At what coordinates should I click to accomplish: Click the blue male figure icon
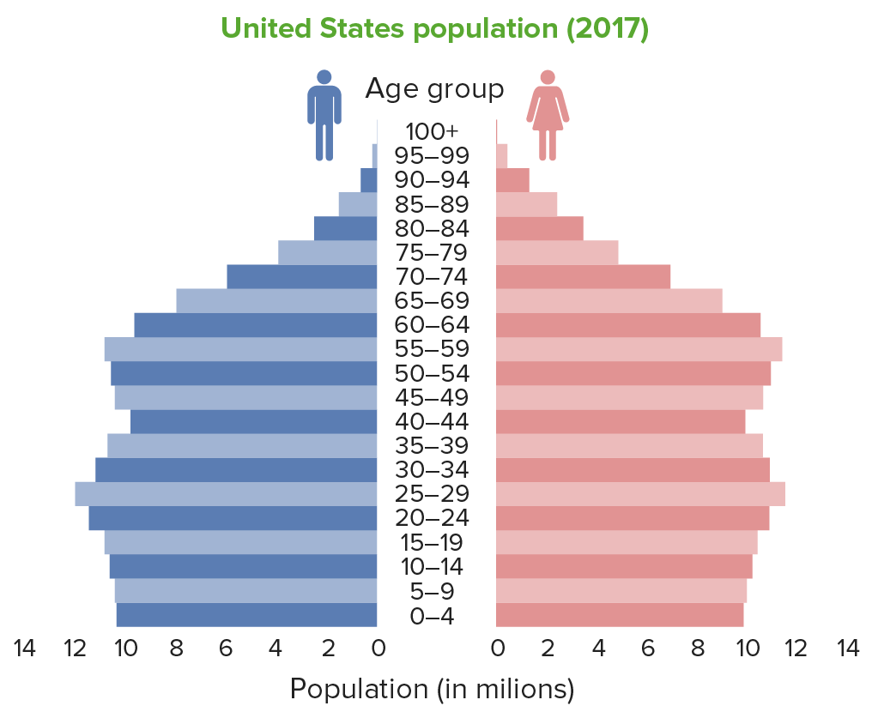coord(324,114)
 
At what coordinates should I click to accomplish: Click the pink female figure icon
coord(548,114)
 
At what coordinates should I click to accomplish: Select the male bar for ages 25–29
coord(226,494)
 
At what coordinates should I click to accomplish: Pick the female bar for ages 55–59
coord(639,349)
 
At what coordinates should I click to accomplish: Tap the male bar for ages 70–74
coord(302,277)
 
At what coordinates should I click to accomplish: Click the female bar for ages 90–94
coord(512,180)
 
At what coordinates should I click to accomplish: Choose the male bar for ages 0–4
coord(246,615)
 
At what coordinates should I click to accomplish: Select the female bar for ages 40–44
coord(621,422)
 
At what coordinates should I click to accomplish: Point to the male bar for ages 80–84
coord(345,228)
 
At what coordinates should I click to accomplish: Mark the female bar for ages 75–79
coord(557,253)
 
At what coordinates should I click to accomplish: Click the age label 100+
coord(433,132)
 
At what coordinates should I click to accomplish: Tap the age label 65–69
coord(433,301)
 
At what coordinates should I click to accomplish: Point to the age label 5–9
coord(433,591)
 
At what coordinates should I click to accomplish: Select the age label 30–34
coord(433,470)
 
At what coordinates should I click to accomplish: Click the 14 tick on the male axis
coord(25,649)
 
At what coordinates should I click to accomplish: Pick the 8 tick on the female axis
coord(697,649)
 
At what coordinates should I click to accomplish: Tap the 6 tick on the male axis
coord(226,649)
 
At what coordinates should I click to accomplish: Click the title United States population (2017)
coord(434,28)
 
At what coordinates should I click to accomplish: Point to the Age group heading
coord(434,88)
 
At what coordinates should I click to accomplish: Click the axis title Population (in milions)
coord(432,689)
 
